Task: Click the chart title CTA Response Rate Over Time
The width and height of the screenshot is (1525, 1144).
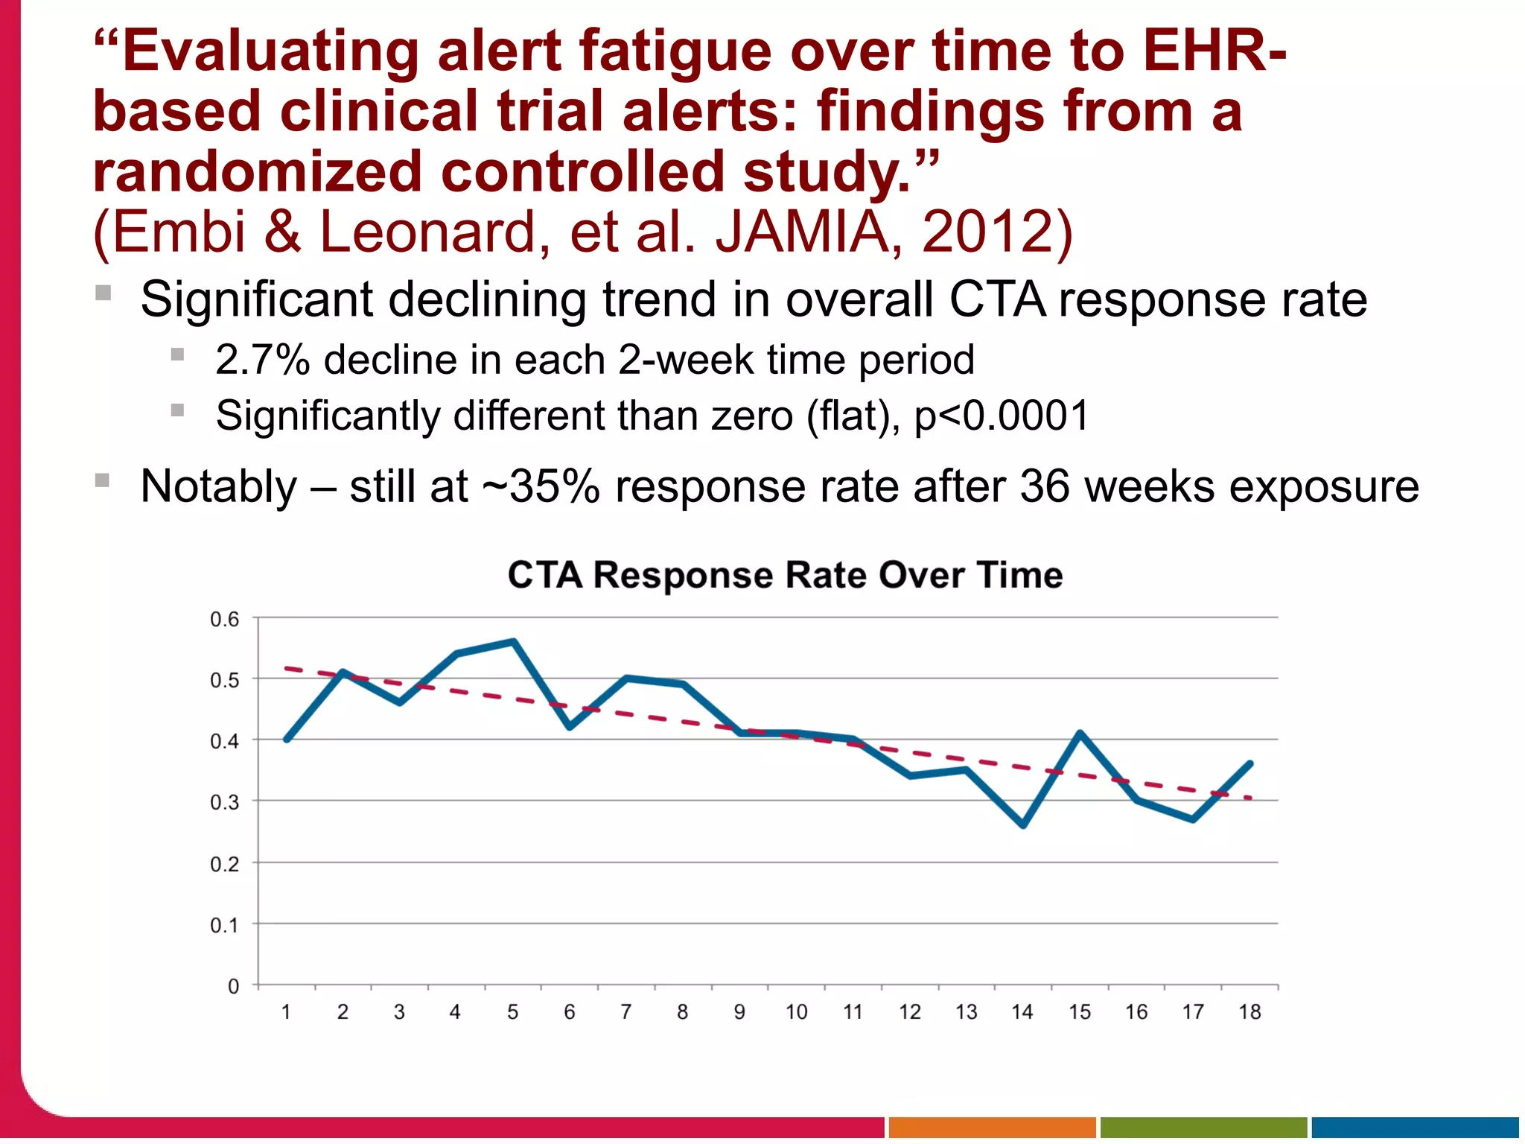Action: point(785,575)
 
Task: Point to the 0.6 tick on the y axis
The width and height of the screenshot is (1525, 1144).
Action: point(224,619)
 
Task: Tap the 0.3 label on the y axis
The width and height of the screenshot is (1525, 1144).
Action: point(224,803)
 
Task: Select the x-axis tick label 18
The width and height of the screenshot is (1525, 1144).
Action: point(1249,1012)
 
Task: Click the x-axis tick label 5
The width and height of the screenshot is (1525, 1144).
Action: point(513,1012)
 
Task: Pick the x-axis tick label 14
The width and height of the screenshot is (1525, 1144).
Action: point(1022,1012)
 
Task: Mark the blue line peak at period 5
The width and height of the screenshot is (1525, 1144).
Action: point(514,641)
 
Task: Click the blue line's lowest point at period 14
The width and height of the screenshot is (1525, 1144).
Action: point(1023,825)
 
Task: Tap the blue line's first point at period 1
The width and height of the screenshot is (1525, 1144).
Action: point(287,740)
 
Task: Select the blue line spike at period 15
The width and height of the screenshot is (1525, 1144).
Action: point(1080,733)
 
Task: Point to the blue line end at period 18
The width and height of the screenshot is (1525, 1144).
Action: point(1250,763)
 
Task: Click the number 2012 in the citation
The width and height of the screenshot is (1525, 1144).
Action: point(987,232)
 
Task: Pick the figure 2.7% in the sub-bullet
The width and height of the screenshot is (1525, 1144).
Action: point(262,360)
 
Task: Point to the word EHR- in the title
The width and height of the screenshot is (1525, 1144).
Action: point(1214,51)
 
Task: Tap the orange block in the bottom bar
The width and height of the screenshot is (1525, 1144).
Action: point(992,1127)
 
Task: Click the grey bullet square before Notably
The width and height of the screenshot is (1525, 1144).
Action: point(103,480)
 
